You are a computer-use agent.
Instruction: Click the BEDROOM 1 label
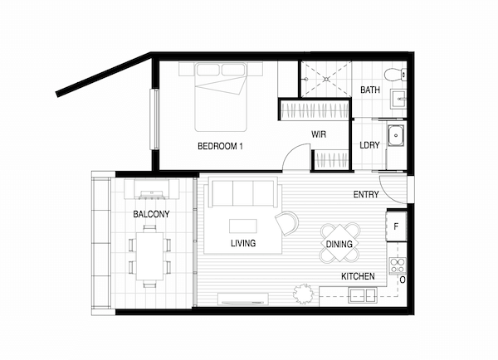coord(220,146)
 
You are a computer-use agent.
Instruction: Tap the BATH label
coord(370,90)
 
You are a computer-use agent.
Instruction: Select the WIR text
coord(319,134)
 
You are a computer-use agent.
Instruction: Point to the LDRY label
coord(369,145)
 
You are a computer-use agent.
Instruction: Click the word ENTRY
coord(366,194)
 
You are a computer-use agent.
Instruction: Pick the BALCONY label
coord(151,214)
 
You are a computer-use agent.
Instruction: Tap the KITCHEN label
coord(358,276)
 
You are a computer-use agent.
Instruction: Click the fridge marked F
coord(397,226)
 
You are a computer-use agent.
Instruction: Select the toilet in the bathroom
coord(395,75)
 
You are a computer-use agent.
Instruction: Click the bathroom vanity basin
coord(398,100)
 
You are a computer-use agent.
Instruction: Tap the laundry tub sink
coord(396,135)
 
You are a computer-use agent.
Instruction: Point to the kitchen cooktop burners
coord(398,265)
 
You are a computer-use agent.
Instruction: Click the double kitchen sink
coord(363,295)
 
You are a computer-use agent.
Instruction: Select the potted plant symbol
coord(303,294)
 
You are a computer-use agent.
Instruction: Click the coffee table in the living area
coord(243,226)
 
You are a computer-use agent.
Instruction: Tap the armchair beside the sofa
coord(287,223)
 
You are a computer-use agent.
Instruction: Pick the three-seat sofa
coord(243,193)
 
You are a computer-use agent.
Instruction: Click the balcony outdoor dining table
coord(149,256)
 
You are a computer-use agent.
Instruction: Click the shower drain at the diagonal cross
coord(326,79)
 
